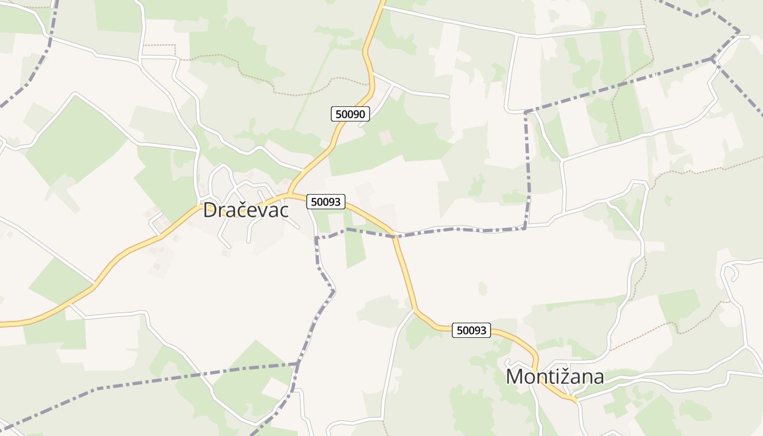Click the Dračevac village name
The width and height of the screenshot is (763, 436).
[x=245, y=210]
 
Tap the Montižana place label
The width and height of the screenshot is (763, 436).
[x=555, y=377]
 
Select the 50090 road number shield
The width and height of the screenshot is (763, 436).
[x=350, y=114]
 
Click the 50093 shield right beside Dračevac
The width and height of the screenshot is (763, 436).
[x=326, y=202]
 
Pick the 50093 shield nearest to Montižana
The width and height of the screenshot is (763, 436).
[x=471, y=330]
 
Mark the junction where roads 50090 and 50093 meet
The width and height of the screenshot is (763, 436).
[x=289, y=194]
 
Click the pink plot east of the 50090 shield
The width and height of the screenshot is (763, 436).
[x=385, y=137]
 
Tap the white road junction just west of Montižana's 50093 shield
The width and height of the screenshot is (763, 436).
[x=415, y=311]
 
